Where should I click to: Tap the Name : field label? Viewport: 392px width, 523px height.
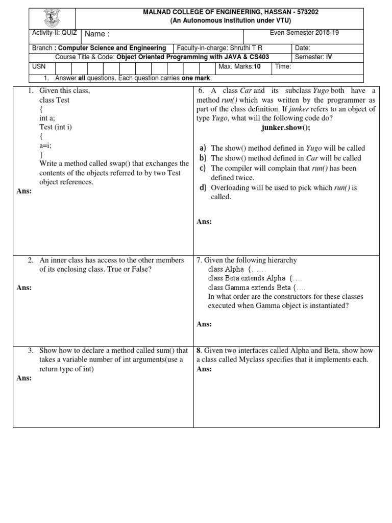click(x=97, y=34)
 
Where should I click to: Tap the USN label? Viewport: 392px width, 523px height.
click(x=39, y=67)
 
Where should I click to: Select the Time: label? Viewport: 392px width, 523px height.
click(x=283, y=67)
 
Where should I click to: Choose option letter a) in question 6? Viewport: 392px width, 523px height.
click(x=203, y=148)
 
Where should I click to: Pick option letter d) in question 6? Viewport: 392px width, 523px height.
click(x=203, y=187)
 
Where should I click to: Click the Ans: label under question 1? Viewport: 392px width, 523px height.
click(x=24, y=192)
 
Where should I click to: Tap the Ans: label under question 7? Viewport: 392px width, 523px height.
click(x=204, y=324)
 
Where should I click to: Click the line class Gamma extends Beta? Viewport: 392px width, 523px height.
click(x=250, y=288)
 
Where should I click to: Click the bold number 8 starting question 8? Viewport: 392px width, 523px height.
click(x=199, y=350)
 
